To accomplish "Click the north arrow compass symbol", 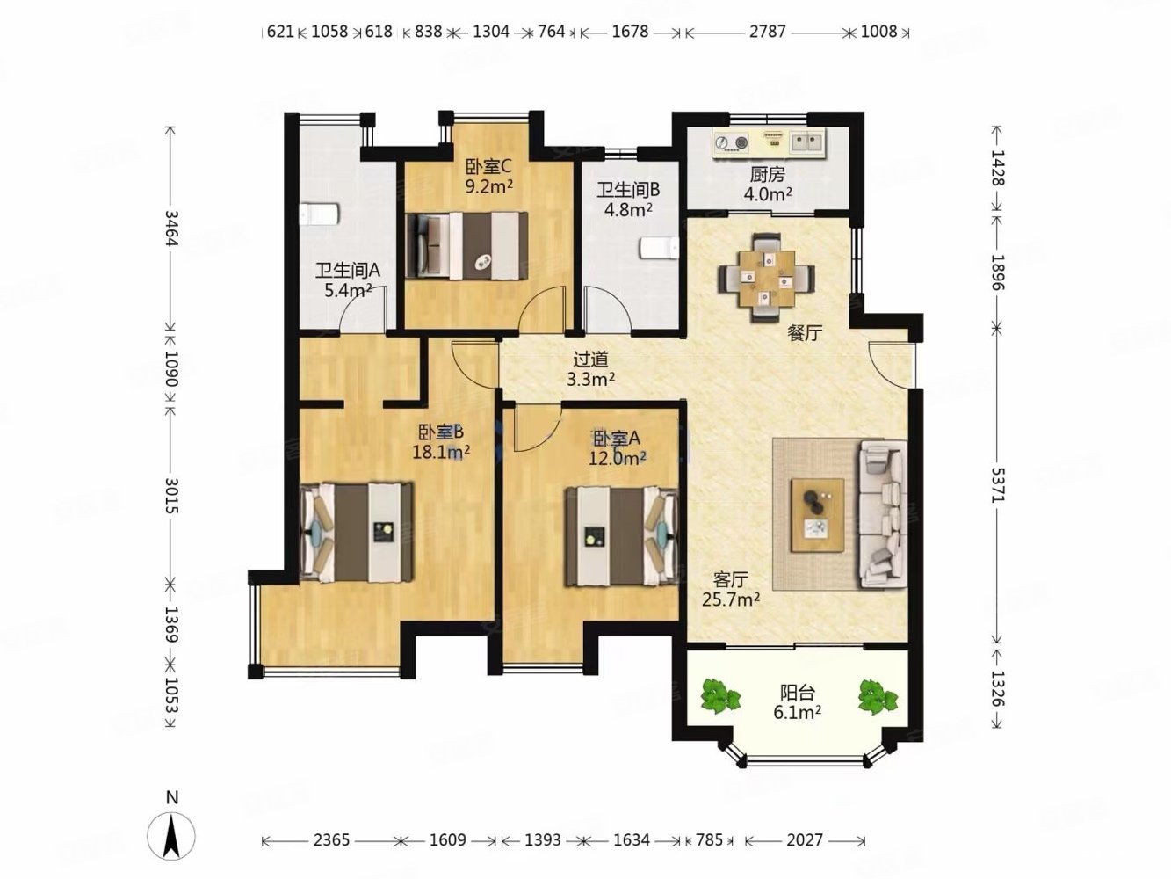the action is point(171,835).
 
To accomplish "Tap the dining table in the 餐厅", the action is point(767,278).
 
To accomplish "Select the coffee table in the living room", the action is point(817,516).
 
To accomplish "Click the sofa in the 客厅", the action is point(883,514).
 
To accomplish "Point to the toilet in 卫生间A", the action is point(319,214).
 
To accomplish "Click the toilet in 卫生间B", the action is point(659,249).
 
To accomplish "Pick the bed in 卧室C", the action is point(466,245).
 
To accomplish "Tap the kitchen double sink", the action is point(807,142).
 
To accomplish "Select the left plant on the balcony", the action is point(720,696).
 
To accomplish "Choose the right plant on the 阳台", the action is point(878,696).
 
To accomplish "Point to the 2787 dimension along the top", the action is point(767,32).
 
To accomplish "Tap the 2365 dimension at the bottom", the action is point(331,840).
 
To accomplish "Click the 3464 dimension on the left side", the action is point(170,229).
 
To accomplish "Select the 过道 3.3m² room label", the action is point(590,369).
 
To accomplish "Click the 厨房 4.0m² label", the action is point(767,184).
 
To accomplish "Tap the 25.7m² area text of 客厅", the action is point(730,599).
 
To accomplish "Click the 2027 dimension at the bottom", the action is point(805,840).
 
